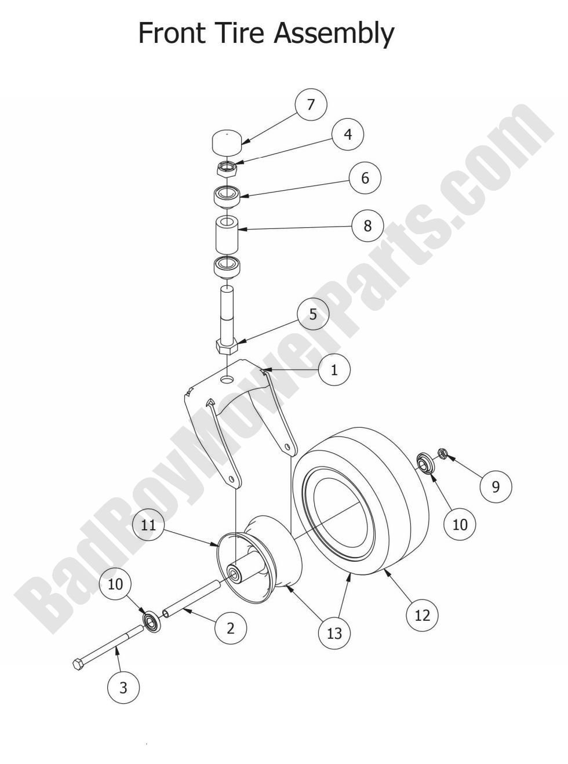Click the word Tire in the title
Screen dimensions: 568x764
[x=234, y=32]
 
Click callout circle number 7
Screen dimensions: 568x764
[x=311, y=104]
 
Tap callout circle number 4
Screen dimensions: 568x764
[x=348, y=134]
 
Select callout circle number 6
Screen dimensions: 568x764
[x=365, y=178]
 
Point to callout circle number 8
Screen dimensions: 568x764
[x=367, y=225]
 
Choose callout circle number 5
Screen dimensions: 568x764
[x=313, y=314]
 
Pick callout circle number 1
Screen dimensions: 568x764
[x=334, y=370]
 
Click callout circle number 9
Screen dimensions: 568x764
[x=496, y=486]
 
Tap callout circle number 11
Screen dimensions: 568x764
[x=148, y=525]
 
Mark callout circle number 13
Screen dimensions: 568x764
[x=334, y=633]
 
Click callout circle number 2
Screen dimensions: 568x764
[x=231, y=628]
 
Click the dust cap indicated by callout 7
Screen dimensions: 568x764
[x=226, y=142]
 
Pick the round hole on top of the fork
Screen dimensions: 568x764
[x=227, y=379]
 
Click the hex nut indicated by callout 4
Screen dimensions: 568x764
[x=226, y=169]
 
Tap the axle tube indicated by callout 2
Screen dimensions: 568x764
[x=191, y=600]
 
